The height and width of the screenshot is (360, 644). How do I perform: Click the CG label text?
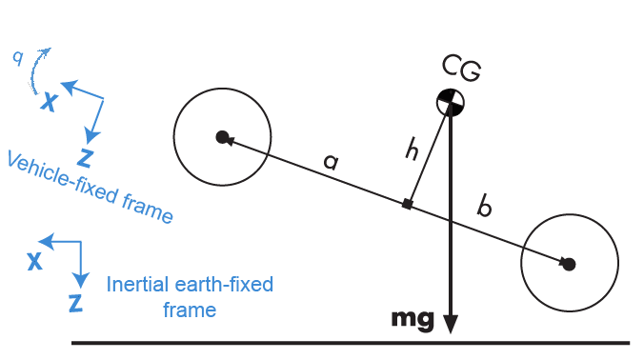pyautogui.click(x=461, y=68)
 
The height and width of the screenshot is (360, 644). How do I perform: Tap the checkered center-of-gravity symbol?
pyautogui.click(x=451, y=101)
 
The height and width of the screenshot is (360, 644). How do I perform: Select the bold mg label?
pyautogui.click(x=413, y=318)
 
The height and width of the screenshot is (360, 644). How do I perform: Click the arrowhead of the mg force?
pyautogui.click(x=451, y=323)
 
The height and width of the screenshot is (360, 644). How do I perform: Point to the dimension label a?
pyautogui.click(x=331, y=162)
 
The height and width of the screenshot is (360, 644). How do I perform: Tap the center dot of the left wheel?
pyautogui.click(x=222, y=138)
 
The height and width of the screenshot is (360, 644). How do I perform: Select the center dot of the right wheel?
pyautogui.click(x=569, y=264)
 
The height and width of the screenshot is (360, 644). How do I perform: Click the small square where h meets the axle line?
pyautogui.click(x=408, y=204)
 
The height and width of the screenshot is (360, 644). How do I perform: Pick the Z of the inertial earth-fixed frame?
pyautogui.click(x=75, y=304)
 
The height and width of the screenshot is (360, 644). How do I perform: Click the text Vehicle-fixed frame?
pyautogui.click(x=90, y=188)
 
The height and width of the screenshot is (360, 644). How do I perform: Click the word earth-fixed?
pyautogui.click(x=228, y=285)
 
